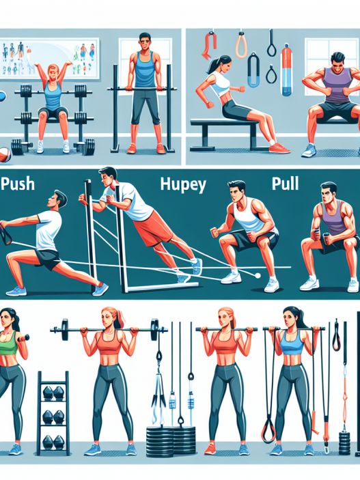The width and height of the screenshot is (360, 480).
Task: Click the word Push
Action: [x=18, y=184]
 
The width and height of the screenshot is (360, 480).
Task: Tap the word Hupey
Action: [x=183, y=185]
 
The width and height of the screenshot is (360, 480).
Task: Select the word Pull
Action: [x=285, y=184]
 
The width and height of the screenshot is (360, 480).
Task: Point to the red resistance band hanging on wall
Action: [x=208, y=44]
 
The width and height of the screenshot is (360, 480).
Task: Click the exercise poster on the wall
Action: [x=50, y=58]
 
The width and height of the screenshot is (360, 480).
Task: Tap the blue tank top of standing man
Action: [x=145, y=71]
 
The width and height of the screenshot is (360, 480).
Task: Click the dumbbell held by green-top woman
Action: [x=24, y=338]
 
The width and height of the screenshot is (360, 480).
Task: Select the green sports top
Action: [x=8, y=348]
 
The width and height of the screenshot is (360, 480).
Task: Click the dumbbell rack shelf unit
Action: [x=53, y=412]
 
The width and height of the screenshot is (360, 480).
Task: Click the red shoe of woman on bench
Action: [x=279, y=149]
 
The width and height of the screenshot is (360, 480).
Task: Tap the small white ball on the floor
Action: [x=258, y=276]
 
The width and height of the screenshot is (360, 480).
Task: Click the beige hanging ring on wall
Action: [x=241, y=45]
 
